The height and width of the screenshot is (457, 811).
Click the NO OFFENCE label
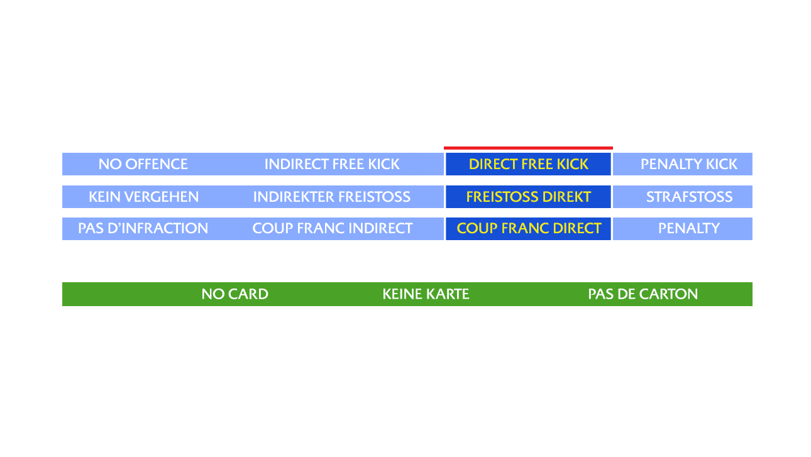tap(143, 164)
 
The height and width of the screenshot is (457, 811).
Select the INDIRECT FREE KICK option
tap(331, 164)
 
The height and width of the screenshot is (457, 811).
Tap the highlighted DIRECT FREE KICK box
tap(528, 164)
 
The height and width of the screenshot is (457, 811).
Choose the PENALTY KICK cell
tap(688, 164)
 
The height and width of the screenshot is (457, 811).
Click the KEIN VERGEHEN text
tap(143, 197)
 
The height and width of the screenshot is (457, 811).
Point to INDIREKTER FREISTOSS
tap(331, 197)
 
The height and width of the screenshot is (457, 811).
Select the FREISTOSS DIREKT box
tap(528, 197)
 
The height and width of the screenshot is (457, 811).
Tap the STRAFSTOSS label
tap(689, 197)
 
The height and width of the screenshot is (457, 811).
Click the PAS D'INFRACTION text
tap(143, 228)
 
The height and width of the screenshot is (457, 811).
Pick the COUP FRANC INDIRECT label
tap(332, 228)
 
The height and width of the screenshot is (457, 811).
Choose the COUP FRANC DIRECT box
tap(528, 228)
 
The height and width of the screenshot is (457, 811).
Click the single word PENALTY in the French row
tap(688, 228)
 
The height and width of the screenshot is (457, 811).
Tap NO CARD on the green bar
tap(234, 294)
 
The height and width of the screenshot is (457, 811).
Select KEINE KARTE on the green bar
tap(426, 294)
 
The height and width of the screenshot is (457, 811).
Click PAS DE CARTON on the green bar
tap(643, 294)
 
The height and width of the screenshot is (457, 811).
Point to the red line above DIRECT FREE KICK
tap(528, 148)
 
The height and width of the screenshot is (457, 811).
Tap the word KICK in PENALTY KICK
tap(720, 164)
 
